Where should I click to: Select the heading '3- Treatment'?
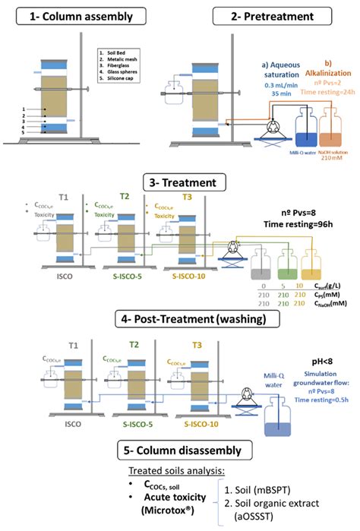click(x=179, y=184)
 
